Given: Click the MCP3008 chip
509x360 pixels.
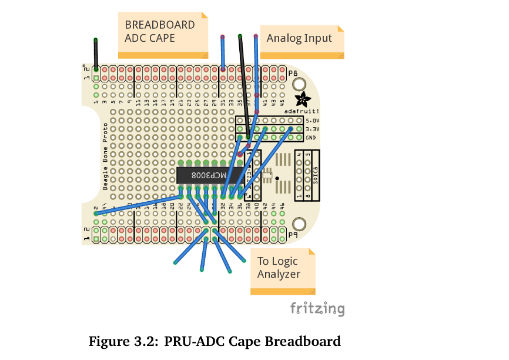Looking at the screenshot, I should pos(202,175).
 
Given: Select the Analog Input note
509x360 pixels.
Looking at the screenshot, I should pos(300,40).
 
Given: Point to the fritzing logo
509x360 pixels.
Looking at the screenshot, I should pos(317,308).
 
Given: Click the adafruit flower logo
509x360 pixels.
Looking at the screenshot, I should pos(302,99).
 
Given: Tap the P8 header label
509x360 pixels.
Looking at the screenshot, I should pos(293,72).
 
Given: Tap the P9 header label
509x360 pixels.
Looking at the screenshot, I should pos(293,235).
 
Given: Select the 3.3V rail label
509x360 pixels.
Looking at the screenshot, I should pos(312,129).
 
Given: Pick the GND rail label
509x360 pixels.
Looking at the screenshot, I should pos(312,138).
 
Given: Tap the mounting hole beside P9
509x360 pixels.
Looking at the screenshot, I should pos(300,224).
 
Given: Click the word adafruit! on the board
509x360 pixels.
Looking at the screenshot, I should pos(302,111).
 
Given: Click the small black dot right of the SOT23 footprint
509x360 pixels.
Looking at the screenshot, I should pos(277,177).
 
